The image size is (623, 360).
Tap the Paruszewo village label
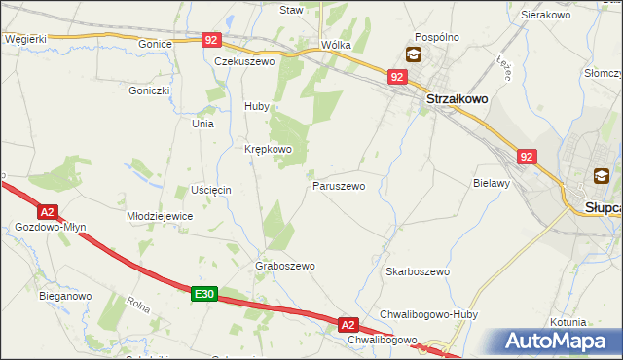click(339, 185)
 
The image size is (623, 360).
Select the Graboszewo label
click(284, 266)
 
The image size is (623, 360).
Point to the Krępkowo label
click(268, 149)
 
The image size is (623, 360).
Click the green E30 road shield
click(203, 294)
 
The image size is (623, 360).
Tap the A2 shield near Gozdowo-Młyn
click(47, 211)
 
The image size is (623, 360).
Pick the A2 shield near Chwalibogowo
click(348, 324)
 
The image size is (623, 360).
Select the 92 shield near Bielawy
click(527, 156)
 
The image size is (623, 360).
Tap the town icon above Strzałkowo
click(415, 54)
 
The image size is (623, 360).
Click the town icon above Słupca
click(601, 176)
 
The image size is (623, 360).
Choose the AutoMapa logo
click(558, 342)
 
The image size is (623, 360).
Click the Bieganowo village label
click(65, 295)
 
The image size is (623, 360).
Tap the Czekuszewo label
click(245, 60)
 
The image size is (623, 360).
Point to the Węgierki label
click(25, 38)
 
